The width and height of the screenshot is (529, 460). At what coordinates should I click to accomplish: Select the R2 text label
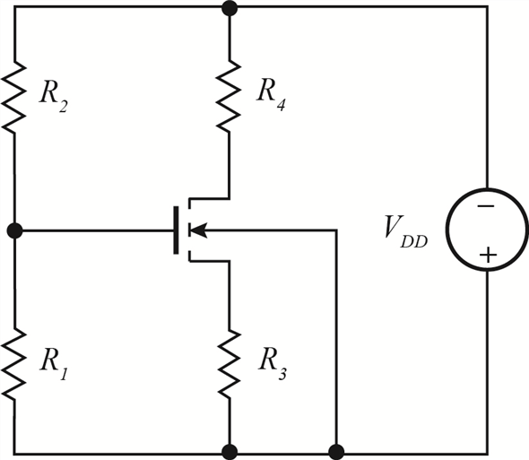coord(55,97)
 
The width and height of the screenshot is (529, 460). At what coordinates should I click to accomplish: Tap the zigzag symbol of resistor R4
coord(230,93)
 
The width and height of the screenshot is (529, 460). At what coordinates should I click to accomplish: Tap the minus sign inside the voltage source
coord(486,205)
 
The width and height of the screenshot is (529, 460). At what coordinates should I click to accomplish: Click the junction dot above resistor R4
coord(230,8)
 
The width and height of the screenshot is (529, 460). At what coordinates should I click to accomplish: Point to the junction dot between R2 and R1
coord(15,230)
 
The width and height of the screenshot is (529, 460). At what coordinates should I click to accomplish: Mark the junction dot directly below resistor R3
coord(230,451)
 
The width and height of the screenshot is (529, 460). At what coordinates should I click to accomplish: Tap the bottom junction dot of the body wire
coord(337,451)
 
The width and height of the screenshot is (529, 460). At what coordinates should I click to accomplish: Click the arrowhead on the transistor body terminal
coord(200,230)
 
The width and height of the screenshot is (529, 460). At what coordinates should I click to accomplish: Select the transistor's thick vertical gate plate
coord(176,230)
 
